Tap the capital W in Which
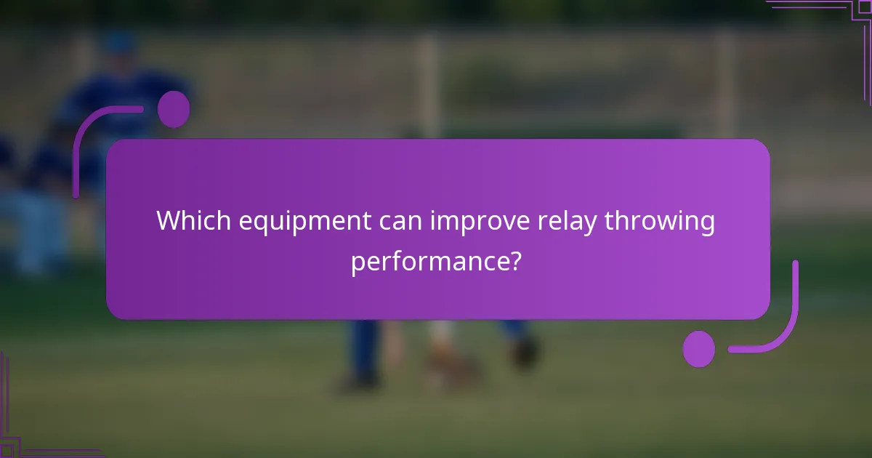point(169,221)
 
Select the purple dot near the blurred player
point(174,109)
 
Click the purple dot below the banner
point(699,348)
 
